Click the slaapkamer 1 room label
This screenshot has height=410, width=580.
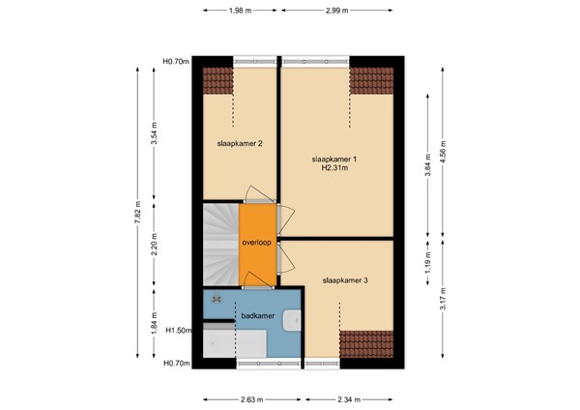pyautogui.click(x=334, y=158)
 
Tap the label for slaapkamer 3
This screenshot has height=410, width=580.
pyautogui.click(x=345, y=280)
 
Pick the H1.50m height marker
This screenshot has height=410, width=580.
pyautogui.click(x=175, y=329)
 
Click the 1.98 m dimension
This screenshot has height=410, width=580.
pyautogui.click(x=242, y=10)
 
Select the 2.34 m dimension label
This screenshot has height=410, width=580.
pyautogui.click(x=349, y=397)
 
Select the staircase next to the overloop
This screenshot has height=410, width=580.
pyautogui.click(x=220, y=246)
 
